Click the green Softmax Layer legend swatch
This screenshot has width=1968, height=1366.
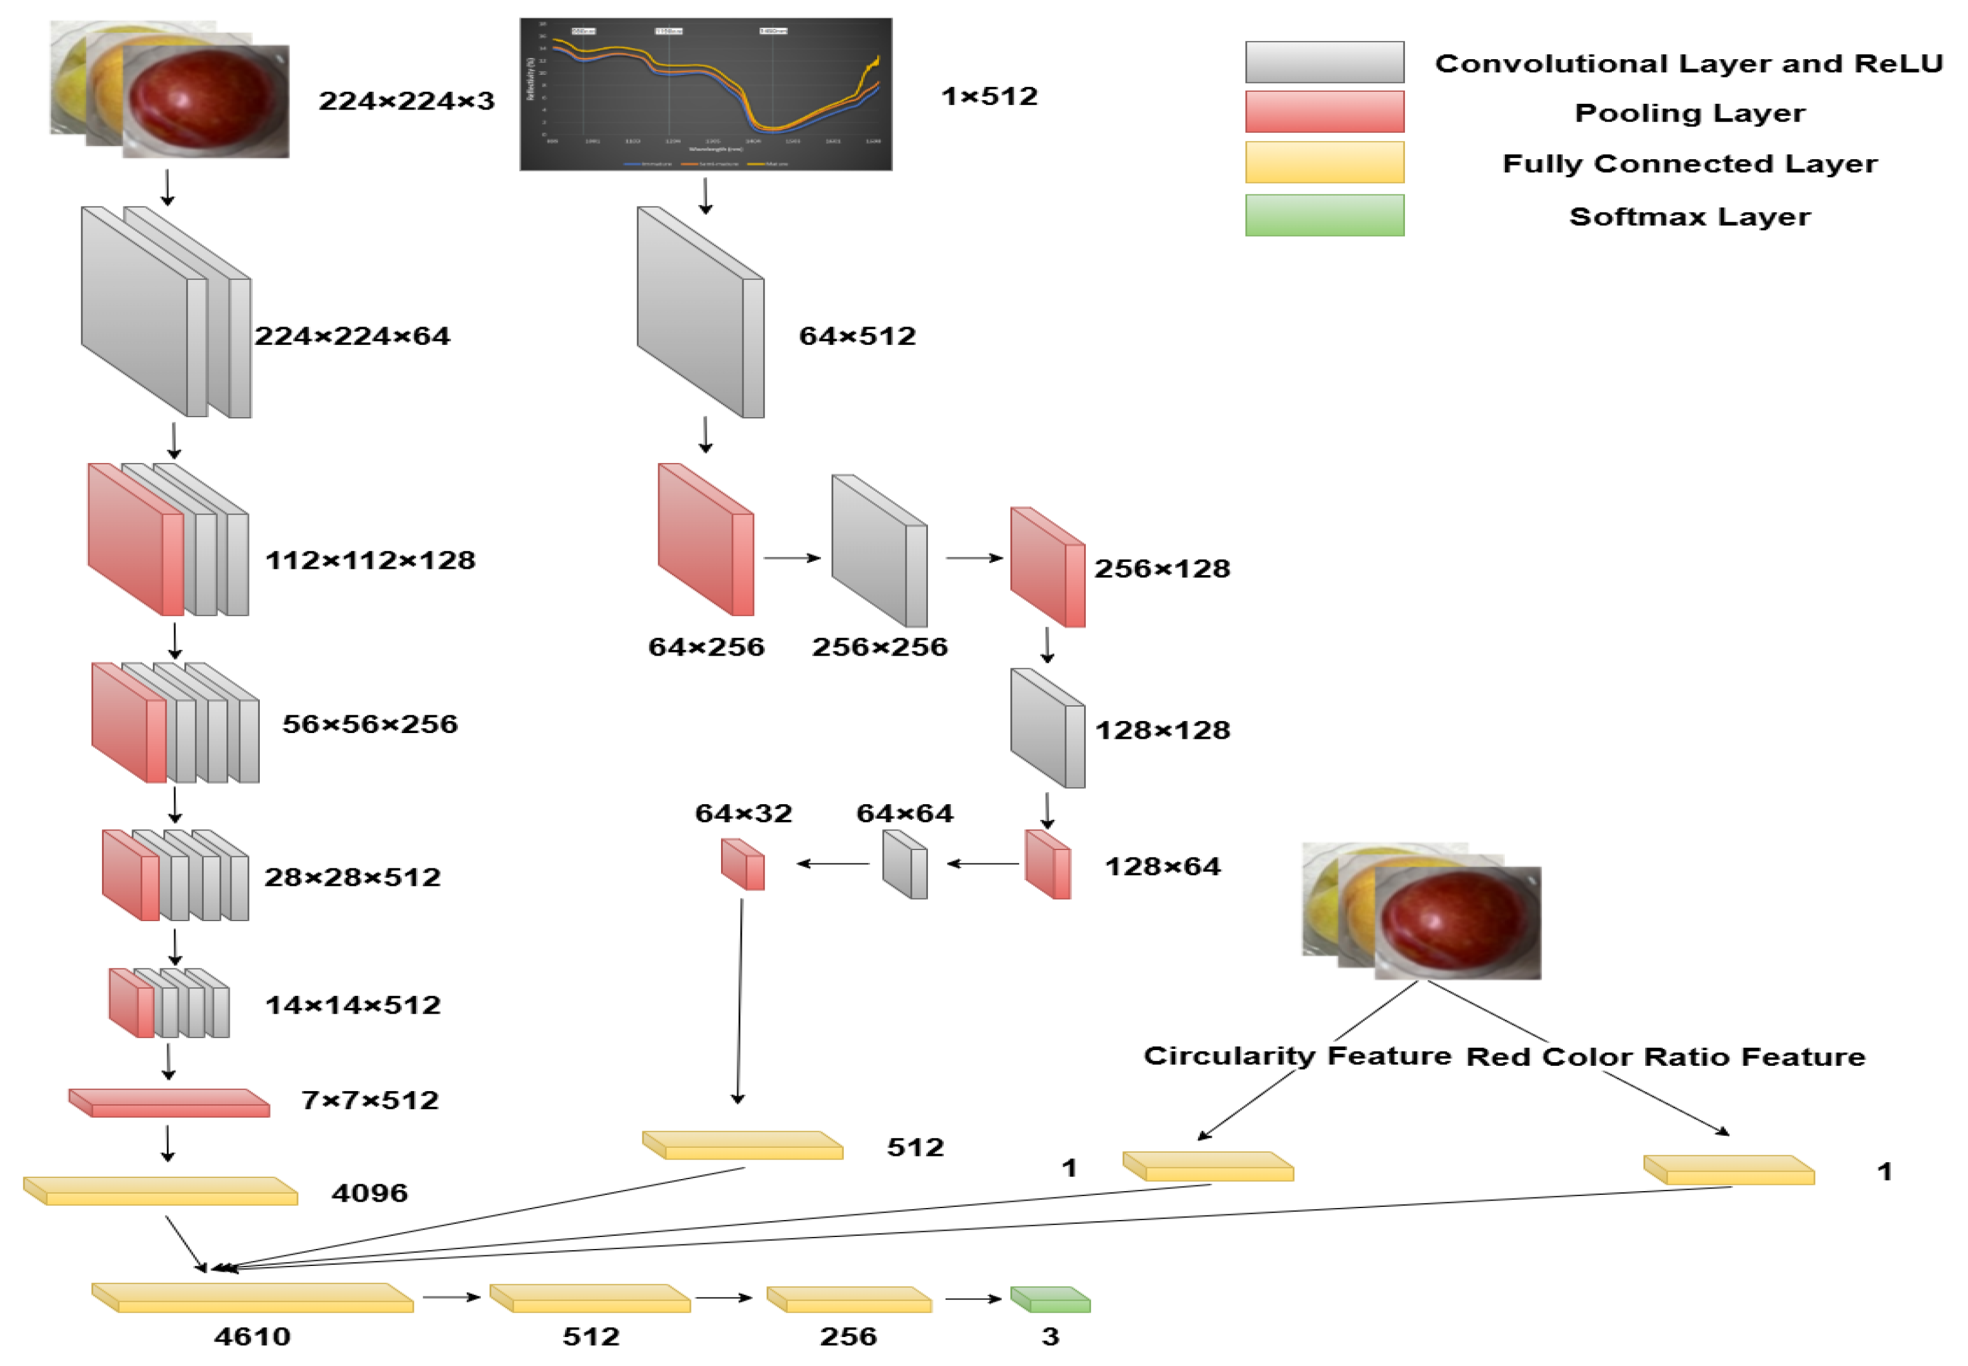[x=1324, y=215]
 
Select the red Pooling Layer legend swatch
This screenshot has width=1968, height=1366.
[x=1324, y=111]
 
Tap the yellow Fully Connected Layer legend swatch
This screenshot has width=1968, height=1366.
[x=1324, y=162]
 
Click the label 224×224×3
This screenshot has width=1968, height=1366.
[x=406, y=101]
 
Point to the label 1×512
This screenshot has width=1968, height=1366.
[x=989, y=96]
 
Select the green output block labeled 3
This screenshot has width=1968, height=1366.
[x=1051, y=1299]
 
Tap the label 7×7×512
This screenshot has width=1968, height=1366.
[x=370, y=1100]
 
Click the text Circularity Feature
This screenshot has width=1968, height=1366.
[x=1297, y=1055]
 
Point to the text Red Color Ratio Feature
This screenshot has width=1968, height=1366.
[x=1665, y=1056]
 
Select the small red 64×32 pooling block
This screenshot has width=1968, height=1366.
[x=742, y=864]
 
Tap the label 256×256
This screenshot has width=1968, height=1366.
[x=880, y=647]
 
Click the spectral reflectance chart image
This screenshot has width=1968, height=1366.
[x=706, y=94]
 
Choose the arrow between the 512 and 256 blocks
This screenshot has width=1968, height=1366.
[x=724, y=1297]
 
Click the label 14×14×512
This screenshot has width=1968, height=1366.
[x=352, y=1005]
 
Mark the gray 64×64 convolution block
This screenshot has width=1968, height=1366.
[x=905, y=864]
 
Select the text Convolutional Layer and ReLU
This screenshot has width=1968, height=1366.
[x=1688, y=64]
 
